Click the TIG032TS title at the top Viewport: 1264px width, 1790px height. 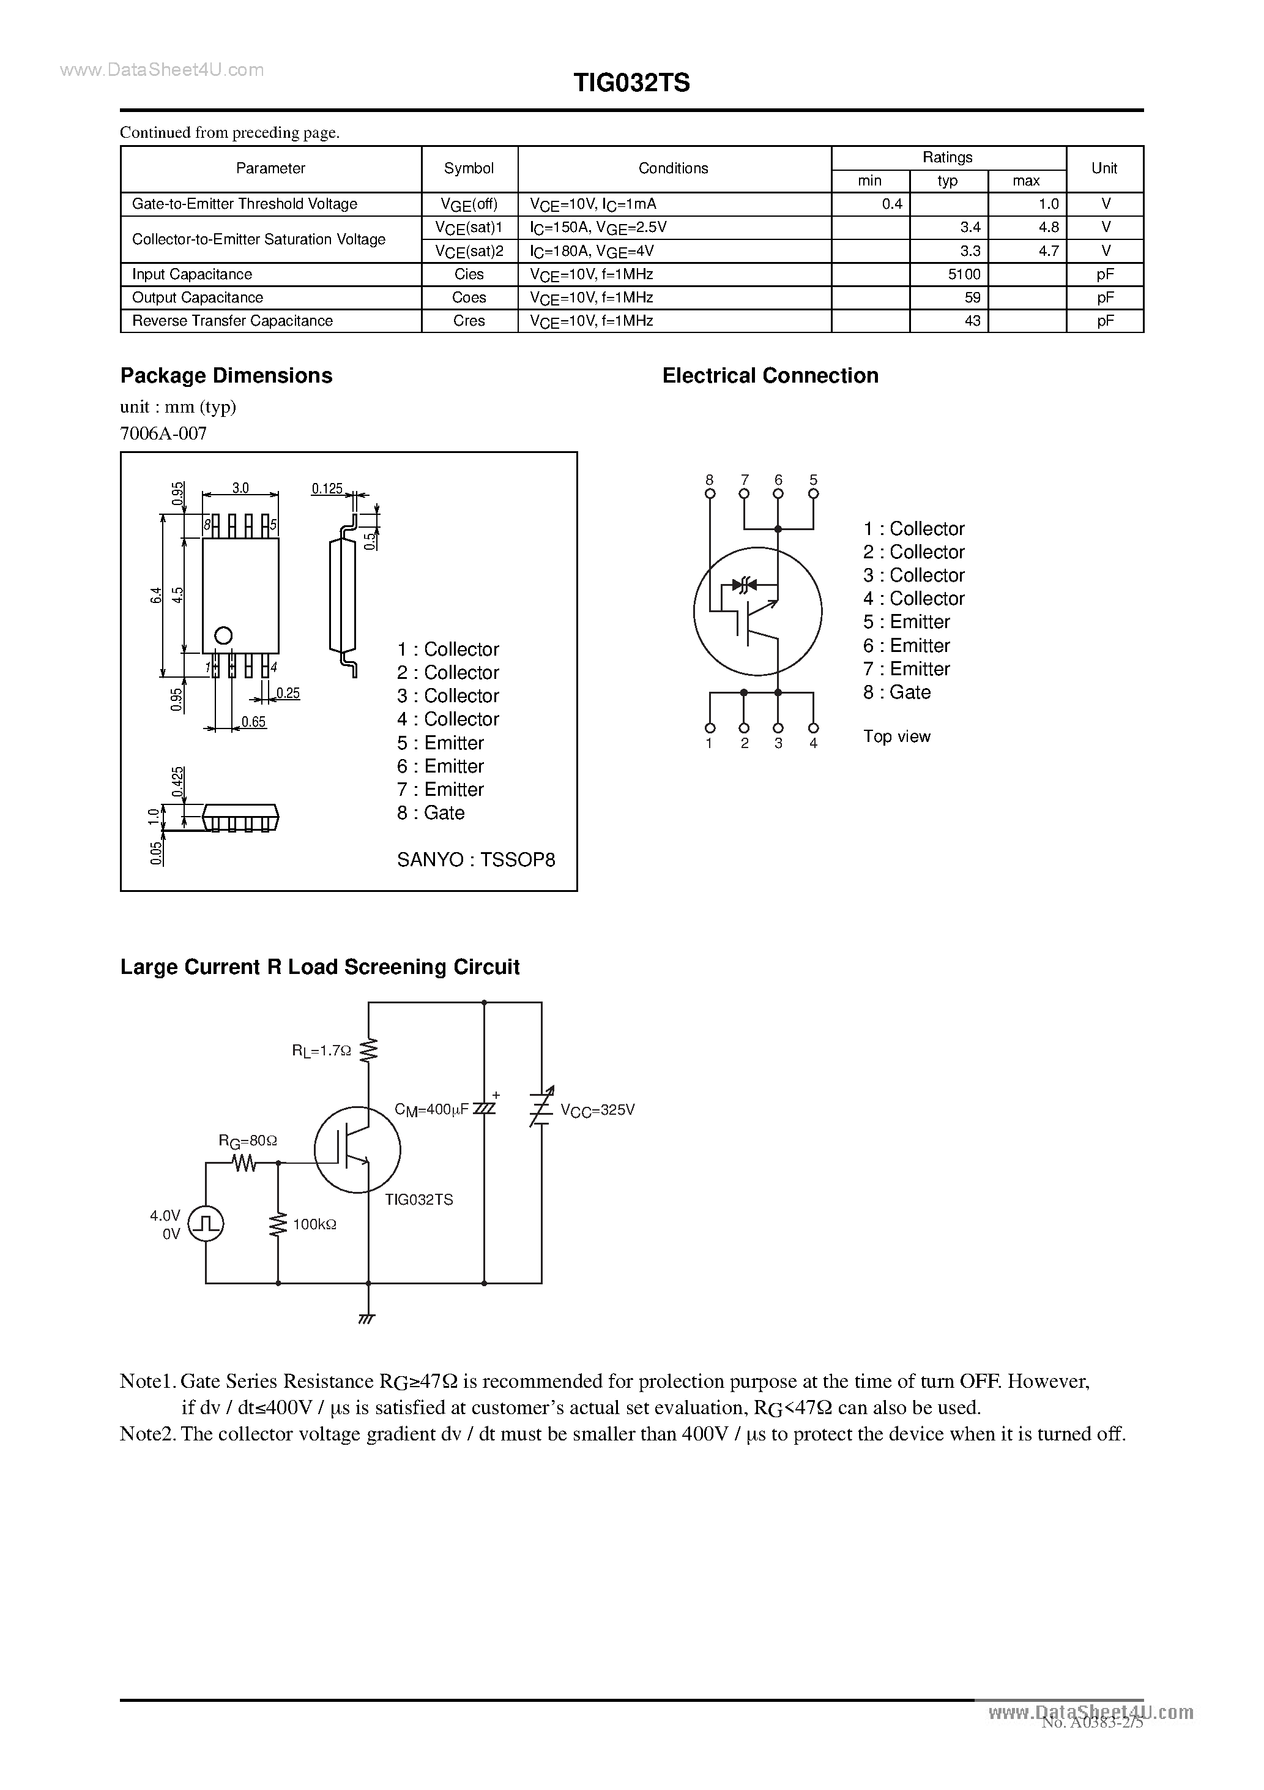pyautogui.click(x=631, y=83)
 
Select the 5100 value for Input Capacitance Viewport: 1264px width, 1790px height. pyautogui.click(x=964, y=274)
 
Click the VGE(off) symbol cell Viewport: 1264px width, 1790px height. pyautogui.click(x=469, y=204)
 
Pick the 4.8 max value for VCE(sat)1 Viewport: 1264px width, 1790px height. pyautogui.click(x=1048, y=228)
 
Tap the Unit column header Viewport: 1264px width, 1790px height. pyautogui.click(x=1104, y=168)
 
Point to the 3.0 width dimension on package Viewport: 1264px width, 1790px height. pyautogui.click(x=240, y=488)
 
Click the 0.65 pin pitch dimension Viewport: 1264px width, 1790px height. pyautogui.click(x=253, y=722)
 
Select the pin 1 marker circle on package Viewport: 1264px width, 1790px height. pyautogui.click(x=224, y=635)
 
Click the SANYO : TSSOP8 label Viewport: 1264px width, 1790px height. pyautogui.click(x=475, y=860)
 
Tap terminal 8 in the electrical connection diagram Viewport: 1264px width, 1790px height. pyautogui.click(x=709, y=493)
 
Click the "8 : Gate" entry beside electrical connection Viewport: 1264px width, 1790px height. pyautogui.click(x=896, y=692)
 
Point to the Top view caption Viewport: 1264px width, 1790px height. pyautogui.click(x=896, y=736)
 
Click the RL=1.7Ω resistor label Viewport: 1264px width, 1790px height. pyautogui.click(x=321, y=1051)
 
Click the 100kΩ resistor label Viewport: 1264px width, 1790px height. pyautogui.click(x=314, y=1225)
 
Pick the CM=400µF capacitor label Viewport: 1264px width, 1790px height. pyautogui.click(x=432, y=1109)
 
